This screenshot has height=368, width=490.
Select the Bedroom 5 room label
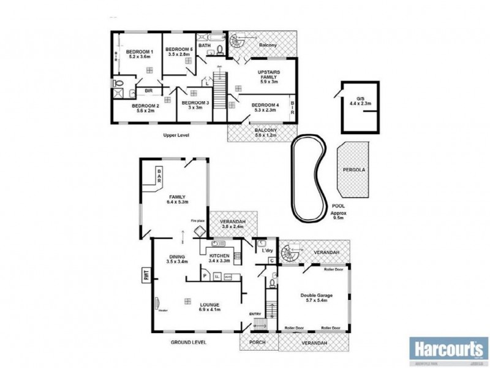pyautogui.click(x=179, y=52)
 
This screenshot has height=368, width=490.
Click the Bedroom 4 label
pyautogui.click(x=265, y=108)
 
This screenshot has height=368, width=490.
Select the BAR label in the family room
pyautogui.click(x=159, y=176)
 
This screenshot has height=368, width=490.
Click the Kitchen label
pyautogui.click(x=219, y=258)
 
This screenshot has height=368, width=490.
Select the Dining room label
pyautogui.click(x=176, y=258)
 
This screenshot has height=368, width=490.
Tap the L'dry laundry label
pyautogui.click(x=266, y=251)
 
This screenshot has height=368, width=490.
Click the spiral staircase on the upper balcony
pyautogui.click(x=236, y=43)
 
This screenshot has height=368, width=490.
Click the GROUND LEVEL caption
pyautogui.click(x=189, y=342)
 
